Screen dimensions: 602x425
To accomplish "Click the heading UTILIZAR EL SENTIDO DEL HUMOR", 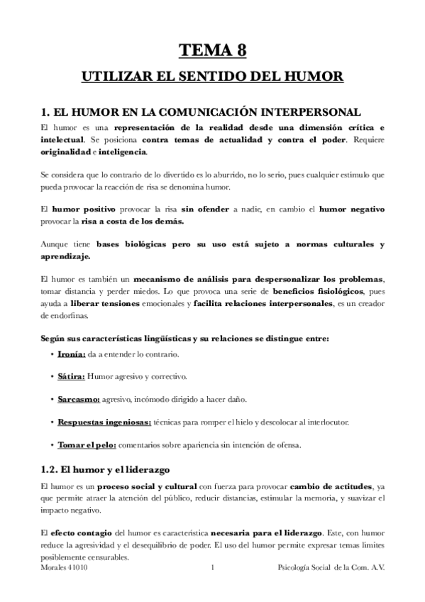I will pos(212,76).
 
